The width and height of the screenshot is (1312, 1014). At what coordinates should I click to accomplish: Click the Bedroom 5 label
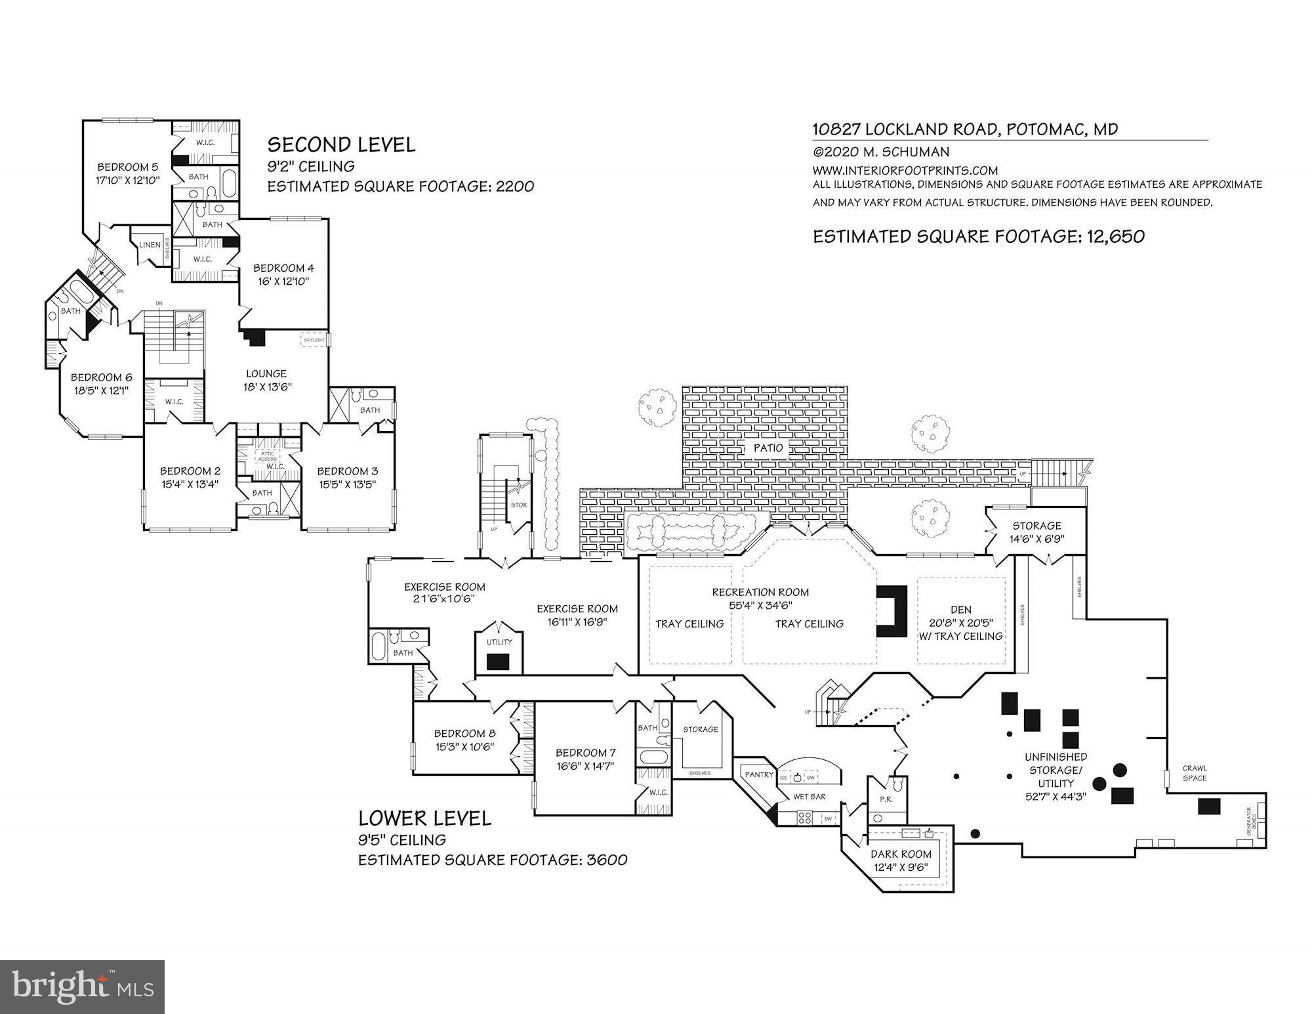(128, 167)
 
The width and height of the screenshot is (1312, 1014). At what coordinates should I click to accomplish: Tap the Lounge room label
(266, 373)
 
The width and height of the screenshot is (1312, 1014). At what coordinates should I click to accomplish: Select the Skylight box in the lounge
(314, 341)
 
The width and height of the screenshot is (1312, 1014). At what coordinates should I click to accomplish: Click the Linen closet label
(150, 245)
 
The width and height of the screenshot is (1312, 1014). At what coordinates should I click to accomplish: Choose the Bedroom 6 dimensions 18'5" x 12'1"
(101, 391)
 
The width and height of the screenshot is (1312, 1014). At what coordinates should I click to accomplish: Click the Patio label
(768, 448)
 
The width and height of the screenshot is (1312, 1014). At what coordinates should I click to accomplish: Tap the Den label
(961, 610)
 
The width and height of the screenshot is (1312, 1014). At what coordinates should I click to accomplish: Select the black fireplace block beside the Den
(892, 611)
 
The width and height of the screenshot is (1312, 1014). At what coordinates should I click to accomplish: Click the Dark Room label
(901, 855)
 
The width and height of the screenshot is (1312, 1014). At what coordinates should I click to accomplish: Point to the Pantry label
(759, 774)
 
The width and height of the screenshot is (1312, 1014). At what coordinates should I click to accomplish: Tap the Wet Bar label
(810, 797)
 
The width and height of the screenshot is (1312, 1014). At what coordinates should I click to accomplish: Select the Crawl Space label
(1195, 773)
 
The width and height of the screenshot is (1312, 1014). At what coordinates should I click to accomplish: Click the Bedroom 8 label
(464, 734)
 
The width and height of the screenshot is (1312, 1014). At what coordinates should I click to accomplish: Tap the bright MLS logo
(83, 986)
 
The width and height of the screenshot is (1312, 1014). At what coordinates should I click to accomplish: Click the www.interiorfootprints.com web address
(905, 171)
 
